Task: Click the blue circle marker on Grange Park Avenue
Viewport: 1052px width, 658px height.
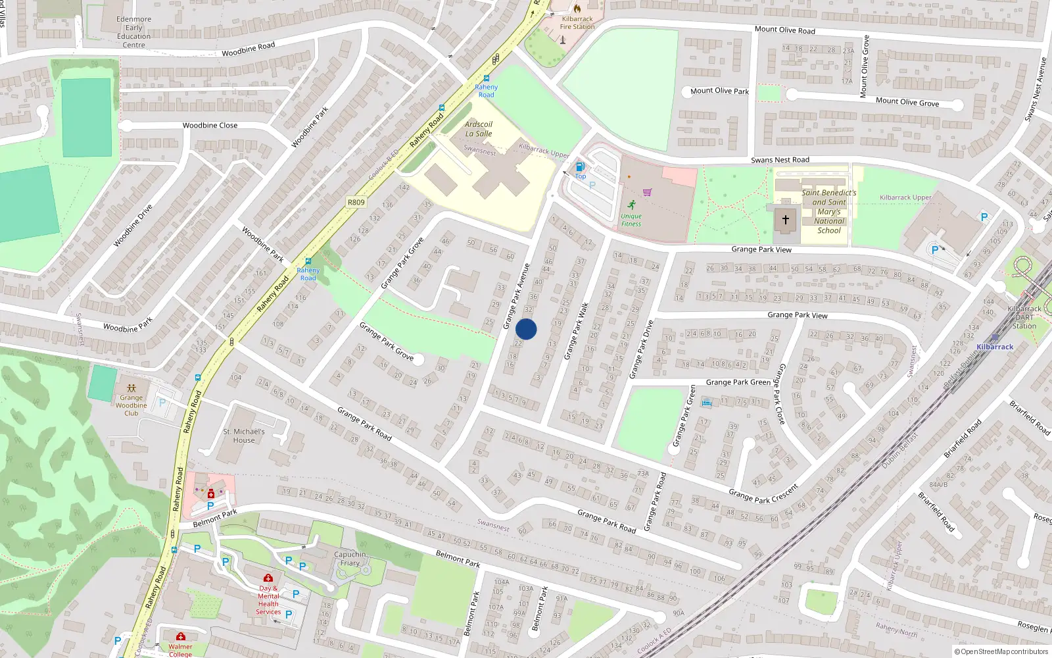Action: [x=526, y=329]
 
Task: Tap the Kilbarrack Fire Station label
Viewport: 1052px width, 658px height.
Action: [x=577, y=23]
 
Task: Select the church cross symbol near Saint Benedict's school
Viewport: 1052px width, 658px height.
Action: [x=785, y=220]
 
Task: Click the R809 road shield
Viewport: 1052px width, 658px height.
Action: [x=356, y=202]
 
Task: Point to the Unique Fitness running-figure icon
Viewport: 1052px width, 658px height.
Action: [x=631, y=205]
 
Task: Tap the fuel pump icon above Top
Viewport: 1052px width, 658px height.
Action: [x=580, y=166]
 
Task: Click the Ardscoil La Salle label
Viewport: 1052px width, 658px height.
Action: [x=478, y=129]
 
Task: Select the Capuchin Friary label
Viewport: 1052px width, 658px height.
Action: [x=350, y=559]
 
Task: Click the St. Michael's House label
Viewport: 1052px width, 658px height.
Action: [x=244, y=436]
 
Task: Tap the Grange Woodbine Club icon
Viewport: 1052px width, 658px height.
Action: [x=131, y=388]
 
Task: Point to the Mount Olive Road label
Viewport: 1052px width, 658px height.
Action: [x=784, y=30]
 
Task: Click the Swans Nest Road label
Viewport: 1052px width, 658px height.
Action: [x=780, y=160]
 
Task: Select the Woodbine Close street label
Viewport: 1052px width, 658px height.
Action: [x=210, y=125]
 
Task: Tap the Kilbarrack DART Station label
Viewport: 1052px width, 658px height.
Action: [x=1024, y=317]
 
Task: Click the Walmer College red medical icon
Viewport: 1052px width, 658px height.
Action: [x=181, y=636]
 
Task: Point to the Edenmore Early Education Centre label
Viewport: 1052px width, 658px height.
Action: [x=133, y=32]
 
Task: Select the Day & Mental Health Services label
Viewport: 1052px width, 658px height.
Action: [x=268, y=600]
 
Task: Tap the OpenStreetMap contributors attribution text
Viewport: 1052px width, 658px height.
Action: [x=1001, y=651]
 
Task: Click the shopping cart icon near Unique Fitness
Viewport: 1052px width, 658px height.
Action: [x=647, y=192]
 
